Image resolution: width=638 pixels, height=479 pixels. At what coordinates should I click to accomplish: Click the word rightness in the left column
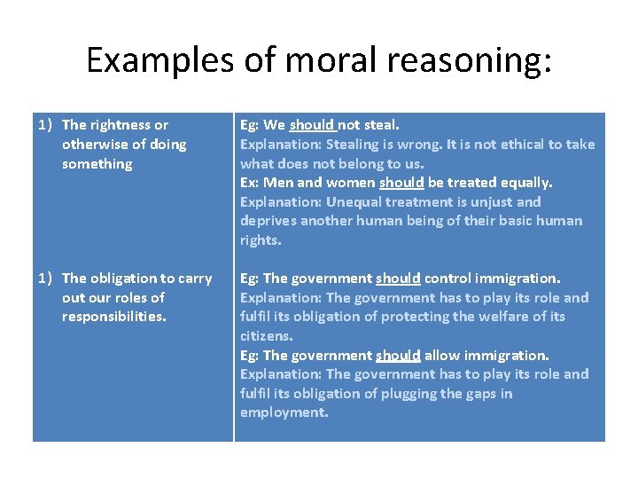[x=121, y=125]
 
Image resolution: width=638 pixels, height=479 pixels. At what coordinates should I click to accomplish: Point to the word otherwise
[x=97, y=145]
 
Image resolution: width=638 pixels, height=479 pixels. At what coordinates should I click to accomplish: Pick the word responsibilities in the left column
[x=113, y=317]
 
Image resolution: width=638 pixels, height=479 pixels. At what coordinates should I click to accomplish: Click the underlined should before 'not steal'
[x=312, y=125]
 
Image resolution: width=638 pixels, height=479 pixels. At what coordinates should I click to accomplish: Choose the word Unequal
[x=354, y=202]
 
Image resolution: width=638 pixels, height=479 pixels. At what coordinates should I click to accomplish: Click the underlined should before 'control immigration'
[x=398, y=279]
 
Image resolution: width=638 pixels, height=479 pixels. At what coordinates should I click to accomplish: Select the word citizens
[x=266, y=336]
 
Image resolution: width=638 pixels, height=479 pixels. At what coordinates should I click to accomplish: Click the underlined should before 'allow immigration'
[x=398, y=356]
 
